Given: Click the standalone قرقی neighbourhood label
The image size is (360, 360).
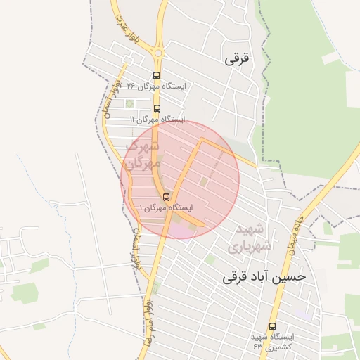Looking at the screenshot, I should (x=237, y=60).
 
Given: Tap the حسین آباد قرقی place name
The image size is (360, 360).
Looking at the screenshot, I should (x=264, y=276).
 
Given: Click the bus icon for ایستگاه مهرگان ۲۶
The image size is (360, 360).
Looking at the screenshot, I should (x=156, y=76).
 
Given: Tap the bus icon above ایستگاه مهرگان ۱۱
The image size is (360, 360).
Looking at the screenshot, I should (x=156, y=109).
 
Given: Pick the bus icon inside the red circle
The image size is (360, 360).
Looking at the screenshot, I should (x=166, y=197).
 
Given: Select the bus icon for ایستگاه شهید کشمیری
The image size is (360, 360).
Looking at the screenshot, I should (x=272, y=326).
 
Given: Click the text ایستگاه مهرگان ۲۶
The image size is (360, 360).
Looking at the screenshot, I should (x=154, y=86).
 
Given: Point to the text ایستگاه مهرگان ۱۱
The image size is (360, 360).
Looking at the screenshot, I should (x=157, y=120).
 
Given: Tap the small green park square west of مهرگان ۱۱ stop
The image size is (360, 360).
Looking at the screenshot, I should (x=129, y=104).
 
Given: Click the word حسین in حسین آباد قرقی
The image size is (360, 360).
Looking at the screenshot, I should (x=292, y=276).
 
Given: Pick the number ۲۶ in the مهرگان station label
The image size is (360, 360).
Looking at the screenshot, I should (x=128, y=86).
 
